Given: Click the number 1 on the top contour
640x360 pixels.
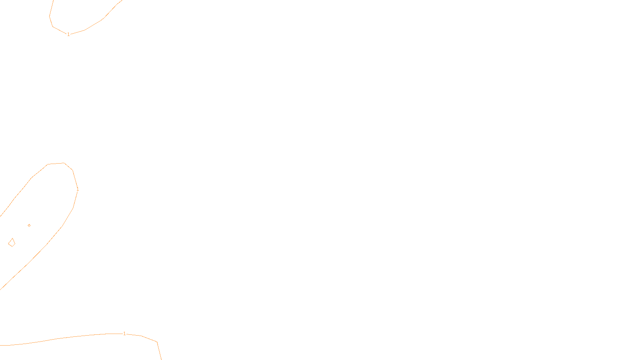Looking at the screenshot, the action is (x=68, y=34).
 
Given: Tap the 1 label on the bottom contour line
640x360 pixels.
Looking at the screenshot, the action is (x=124, y=334).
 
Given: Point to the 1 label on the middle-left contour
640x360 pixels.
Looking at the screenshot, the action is (x=78, y=190).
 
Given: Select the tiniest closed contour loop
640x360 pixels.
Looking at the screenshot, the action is (x=29, y=226).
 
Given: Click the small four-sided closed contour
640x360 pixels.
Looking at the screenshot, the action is (x=12, y=242).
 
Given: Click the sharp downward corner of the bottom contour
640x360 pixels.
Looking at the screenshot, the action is (x=157, y=342).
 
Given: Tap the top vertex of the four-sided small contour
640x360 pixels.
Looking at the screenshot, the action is (x=13, y=239).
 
